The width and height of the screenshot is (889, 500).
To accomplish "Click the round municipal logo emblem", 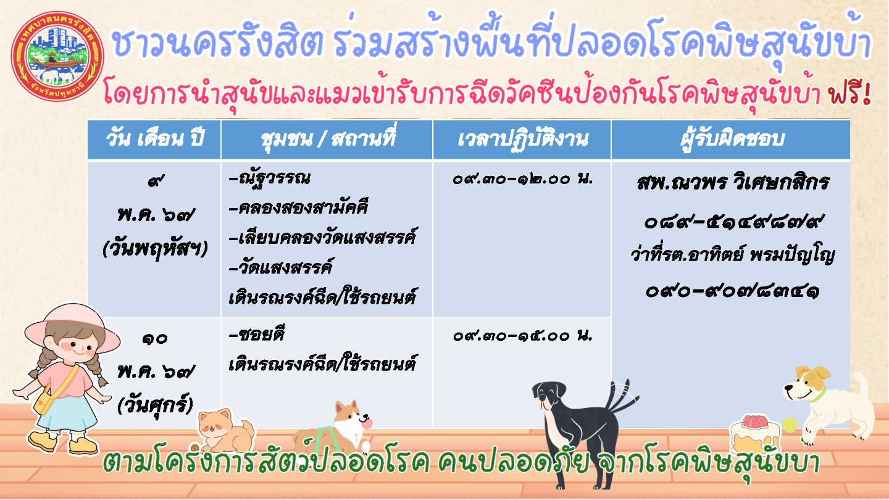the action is pos(58,56).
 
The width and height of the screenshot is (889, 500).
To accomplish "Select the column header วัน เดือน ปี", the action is pos(154,140).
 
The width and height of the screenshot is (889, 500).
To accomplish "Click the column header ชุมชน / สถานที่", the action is pos(328,139).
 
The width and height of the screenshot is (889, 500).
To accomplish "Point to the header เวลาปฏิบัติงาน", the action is pos(522,140).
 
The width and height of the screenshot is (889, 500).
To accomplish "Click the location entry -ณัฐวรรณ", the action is pos(269,178).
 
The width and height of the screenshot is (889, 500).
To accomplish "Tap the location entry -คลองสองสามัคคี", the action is pos(298,207).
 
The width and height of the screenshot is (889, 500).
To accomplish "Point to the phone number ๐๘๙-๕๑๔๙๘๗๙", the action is pos(733,222).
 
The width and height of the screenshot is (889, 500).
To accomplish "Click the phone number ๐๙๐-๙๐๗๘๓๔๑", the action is pos(733,291).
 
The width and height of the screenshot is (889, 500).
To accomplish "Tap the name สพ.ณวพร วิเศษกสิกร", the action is pos(733,183).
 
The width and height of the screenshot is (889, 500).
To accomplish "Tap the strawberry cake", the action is pos(754,435).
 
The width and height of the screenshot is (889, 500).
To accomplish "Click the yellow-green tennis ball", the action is pos(790,425).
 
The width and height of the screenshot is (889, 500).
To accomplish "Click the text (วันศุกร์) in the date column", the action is pos(155,406).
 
